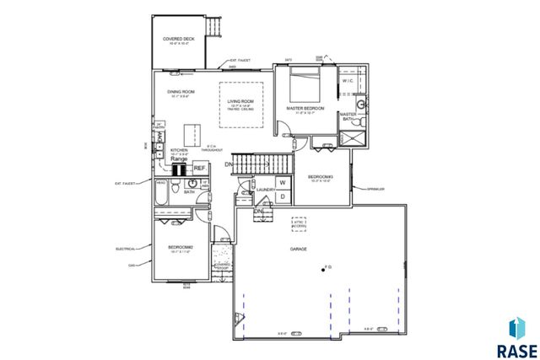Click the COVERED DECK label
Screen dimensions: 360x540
click(x=178, y=39)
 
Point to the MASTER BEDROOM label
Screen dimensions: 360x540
click(x=305, y=109)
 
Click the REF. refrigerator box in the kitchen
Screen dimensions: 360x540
click(x=200, y=169)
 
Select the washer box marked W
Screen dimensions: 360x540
click(x=283, y=182)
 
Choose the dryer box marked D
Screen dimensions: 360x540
click(x=283, y=196)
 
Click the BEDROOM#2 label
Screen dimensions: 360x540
click(x=181, y=247)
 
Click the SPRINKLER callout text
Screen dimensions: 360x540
click(x=375, y=190)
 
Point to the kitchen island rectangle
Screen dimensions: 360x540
click(x=194, y=132)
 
